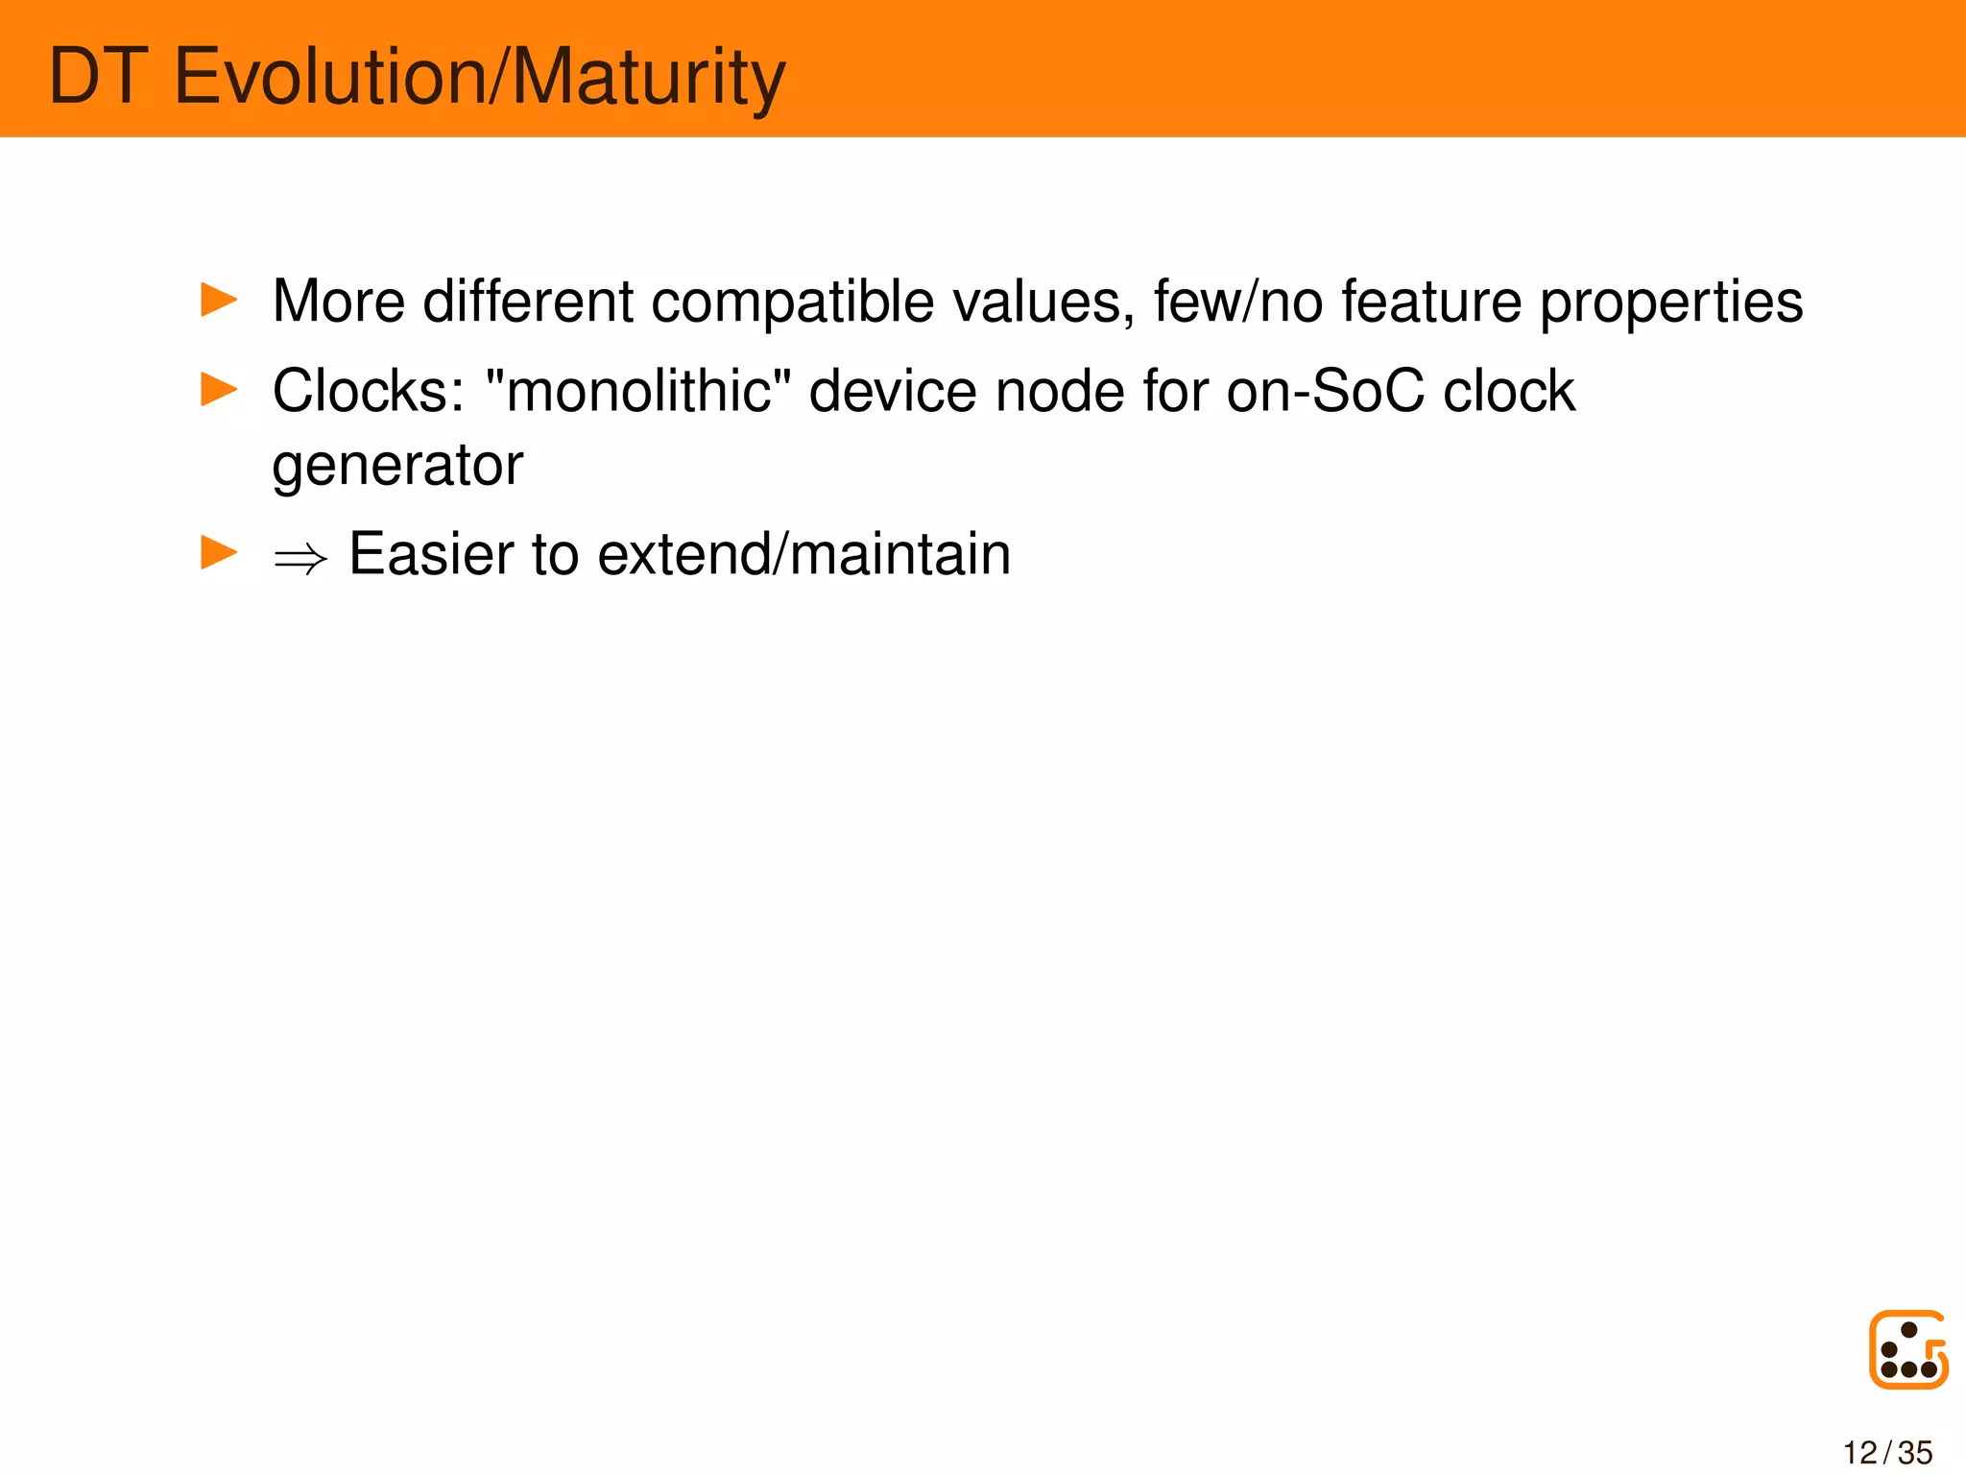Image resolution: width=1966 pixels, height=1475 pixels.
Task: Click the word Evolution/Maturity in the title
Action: (x=480, y=77)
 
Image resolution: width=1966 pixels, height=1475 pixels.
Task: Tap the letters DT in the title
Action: (x=98, y=77)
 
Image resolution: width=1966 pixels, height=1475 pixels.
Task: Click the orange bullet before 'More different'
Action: (x=219, y=300)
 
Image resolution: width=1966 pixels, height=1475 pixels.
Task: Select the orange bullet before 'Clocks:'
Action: (x=219, y=389)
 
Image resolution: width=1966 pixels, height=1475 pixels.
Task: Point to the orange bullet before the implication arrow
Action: (x=219, y=552)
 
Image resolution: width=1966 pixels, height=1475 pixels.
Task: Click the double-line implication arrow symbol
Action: (x=300, y=558)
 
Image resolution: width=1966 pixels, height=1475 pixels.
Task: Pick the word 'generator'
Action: (x=397, y=467)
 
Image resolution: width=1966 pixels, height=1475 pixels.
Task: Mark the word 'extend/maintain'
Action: (x=803, y=554)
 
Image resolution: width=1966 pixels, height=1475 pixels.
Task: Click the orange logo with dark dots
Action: (x=1908, y=1349)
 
